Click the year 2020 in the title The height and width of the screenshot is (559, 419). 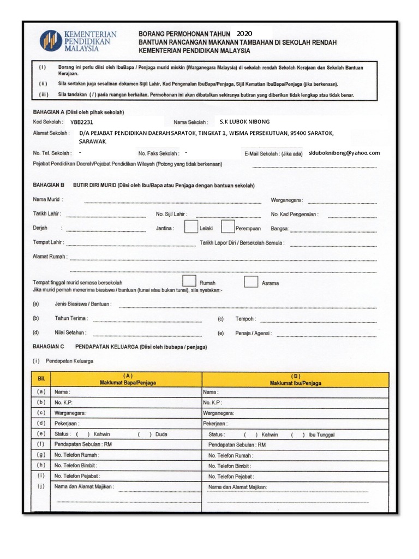244,33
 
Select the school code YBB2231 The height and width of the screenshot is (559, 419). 82,122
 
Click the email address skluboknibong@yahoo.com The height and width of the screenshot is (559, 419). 344,153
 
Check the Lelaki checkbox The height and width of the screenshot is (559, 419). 190,227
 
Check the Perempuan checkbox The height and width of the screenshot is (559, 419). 228,227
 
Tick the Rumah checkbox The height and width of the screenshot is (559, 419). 189,281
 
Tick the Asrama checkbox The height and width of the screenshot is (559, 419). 251,282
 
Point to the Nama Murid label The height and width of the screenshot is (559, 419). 48,200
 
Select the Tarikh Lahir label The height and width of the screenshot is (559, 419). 47,214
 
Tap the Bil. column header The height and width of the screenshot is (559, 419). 41,379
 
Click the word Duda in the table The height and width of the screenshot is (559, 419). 161,435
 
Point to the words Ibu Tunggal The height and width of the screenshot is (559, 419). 321,435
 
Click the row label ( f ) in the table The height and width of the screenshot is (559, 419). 41,444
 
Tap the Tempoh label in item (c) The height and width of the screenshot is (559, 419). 245,319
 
